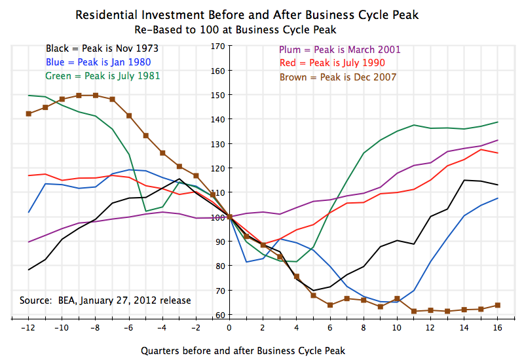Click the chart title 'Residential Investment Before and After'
coord(256,14)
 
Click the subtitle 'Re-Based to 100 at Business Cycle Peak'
coord(256,29)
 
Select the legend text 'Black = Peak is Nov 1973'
coord(102,48)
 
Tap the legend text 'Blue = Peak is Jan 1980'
coord(98,62)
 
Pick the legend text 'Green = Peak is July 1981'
coord(103,76)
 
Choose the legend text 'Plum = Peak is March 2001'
coord(340,49)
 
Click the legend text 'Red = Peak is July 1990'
coord(332,63)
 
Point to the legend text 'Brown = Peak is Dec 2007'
coord(338,77)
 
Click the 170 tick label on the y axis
coord(219,46)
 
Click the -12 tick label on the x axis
coord(28,327)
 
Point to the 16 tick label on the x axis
coord(498,327)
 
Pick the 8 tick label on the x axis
coord(364,327)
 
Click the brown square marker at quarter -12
coord(29,113)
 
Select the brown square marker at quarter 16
coord(498,305)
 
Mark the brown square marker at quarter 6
coord(330,305)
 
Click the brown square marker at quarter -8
coord(96,96)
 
